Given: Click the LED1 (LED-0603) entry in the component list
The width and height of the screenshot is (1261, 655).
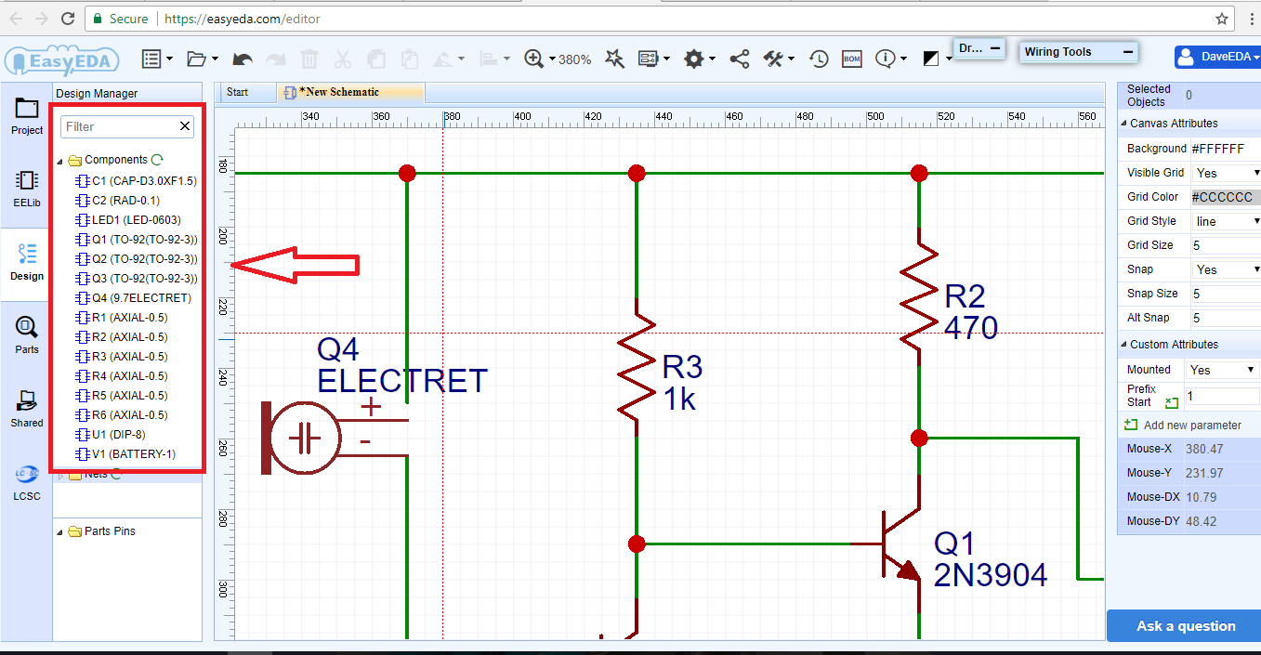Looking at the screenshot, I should (x=136, y=220).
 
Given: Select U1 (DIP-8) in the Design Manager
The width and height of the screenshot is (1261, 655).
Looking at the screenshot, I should (x=118, y=435).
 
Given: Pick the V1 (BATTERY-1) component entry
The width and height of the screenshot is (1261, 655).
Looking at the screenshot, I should (x=133, y=454).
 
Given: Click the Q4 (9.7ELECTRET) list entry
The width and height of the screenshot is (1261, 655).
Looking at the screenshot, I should (x=141, y=298).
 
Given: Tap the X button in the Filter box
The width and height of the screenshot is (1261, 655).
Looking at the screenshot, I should (x=185, y=126).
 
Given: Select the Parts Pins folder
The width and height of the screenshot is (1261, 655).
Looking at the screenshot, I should (x=109, y=531).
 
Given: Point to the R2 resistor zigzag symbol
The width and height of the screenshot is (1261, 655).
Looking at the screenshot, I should (x=919, y=295).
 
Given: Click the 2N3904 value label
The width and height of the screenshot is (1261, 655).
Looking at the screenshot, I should (x=991, y=575).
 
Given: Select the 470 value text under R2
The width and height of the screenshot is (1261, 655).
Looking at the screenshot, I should (x=971, y=327).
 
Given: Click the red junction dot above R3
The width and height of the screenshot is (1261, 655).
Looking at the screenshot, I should (x=637, y=173).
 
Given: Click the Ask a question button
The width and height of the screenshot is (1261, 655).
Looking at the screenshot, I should (x=1185, y=626).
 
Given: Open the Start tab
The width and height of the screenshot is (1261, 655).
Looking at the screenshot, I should (x=238, y=92).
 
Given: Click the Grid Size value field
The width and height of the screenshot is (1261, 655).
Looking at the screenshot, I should (x=1224, y=245).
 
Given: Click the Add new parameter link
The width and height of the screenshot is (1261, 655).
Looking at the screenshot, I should (x=1191, y=425).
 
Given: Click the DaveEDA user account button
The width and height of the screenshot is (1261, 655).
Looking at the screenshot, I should (x=1217, y=57).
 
